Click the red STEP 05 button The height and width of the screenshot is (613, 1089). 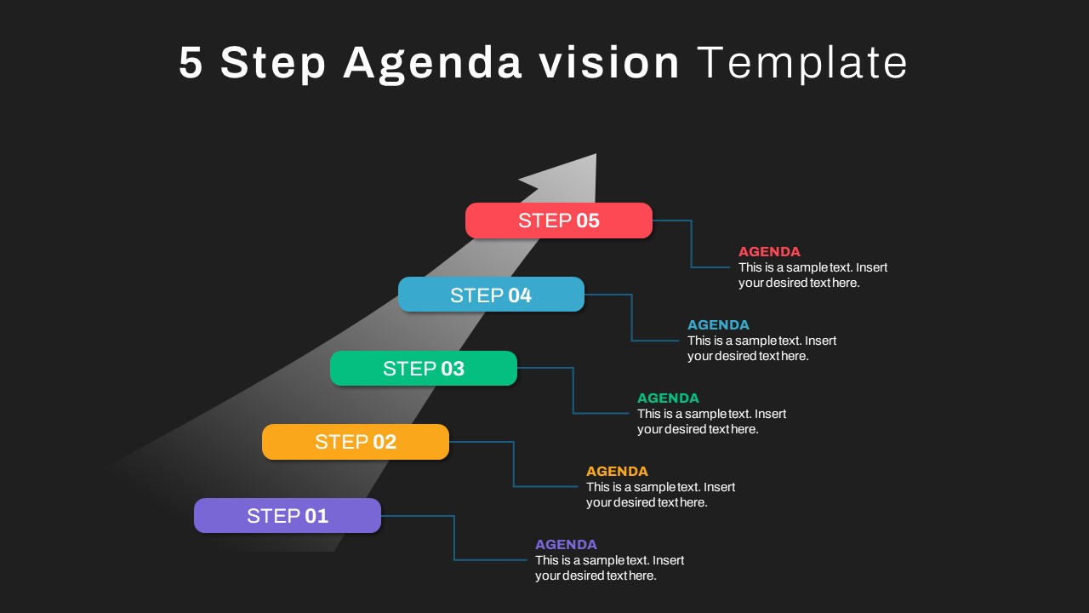tap(559, 221)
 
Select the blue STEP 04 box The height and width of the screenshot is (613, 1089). tap(491, 295)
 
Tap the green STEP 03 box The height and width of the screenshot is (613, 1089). tap(424, 369)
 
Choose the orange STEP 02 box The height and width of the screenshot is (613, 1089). tap(356, 442)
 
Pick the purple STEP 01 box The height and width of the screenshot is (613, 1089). tap(288, 516)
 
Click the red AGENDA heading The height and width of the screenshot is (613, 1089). tap(769, 251)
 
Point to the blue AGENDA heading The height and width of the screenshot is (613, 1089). tap(718, 324)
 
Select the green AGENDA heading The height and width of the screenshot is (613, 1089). tap(668, 398)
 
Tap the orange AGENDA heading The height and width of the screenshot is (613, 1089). tap(617, 471)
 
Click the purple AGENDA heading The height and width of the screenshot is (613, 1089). tap(566, 544)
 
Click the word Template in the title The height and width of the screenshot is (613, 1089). tap(802, 62)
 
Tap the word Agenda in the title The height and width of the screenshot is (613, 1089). tap(432, 64)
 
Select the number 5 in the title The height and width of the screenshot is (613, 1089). tap(191, 62)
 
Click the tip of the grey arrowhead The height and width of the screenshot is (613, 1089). tap(596, 154)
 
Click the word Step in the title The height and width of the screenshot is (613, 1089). tap(273, 63)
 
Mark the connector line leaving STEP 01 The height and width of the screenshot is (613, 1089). tap(454, 537)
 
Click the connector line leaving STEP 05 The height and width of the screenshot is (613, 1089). tap(692, 243)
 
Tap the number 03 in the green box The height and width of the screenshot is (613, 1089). tap(453, 369)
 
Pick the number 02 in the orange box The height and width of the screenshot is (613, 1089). tap(385, 442)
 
